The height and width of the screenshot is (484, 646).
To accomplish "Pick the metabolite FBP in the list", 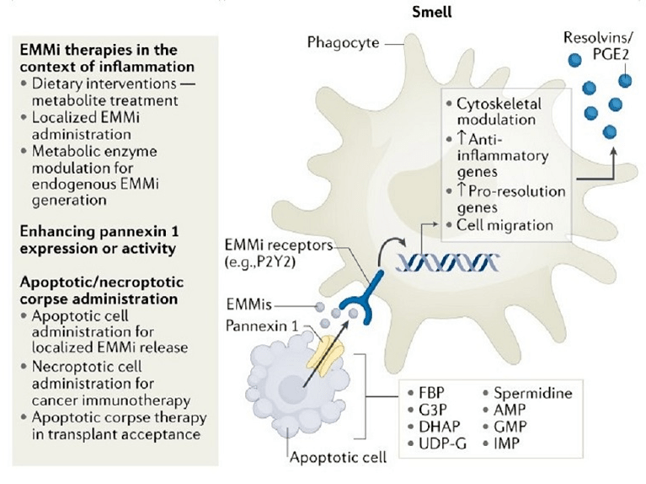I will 432,394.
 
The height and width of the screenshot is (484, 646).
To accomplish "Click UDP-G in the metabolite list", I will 439,443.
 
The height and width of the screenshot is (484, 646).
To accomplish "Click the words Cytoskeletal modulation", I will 497,110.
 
